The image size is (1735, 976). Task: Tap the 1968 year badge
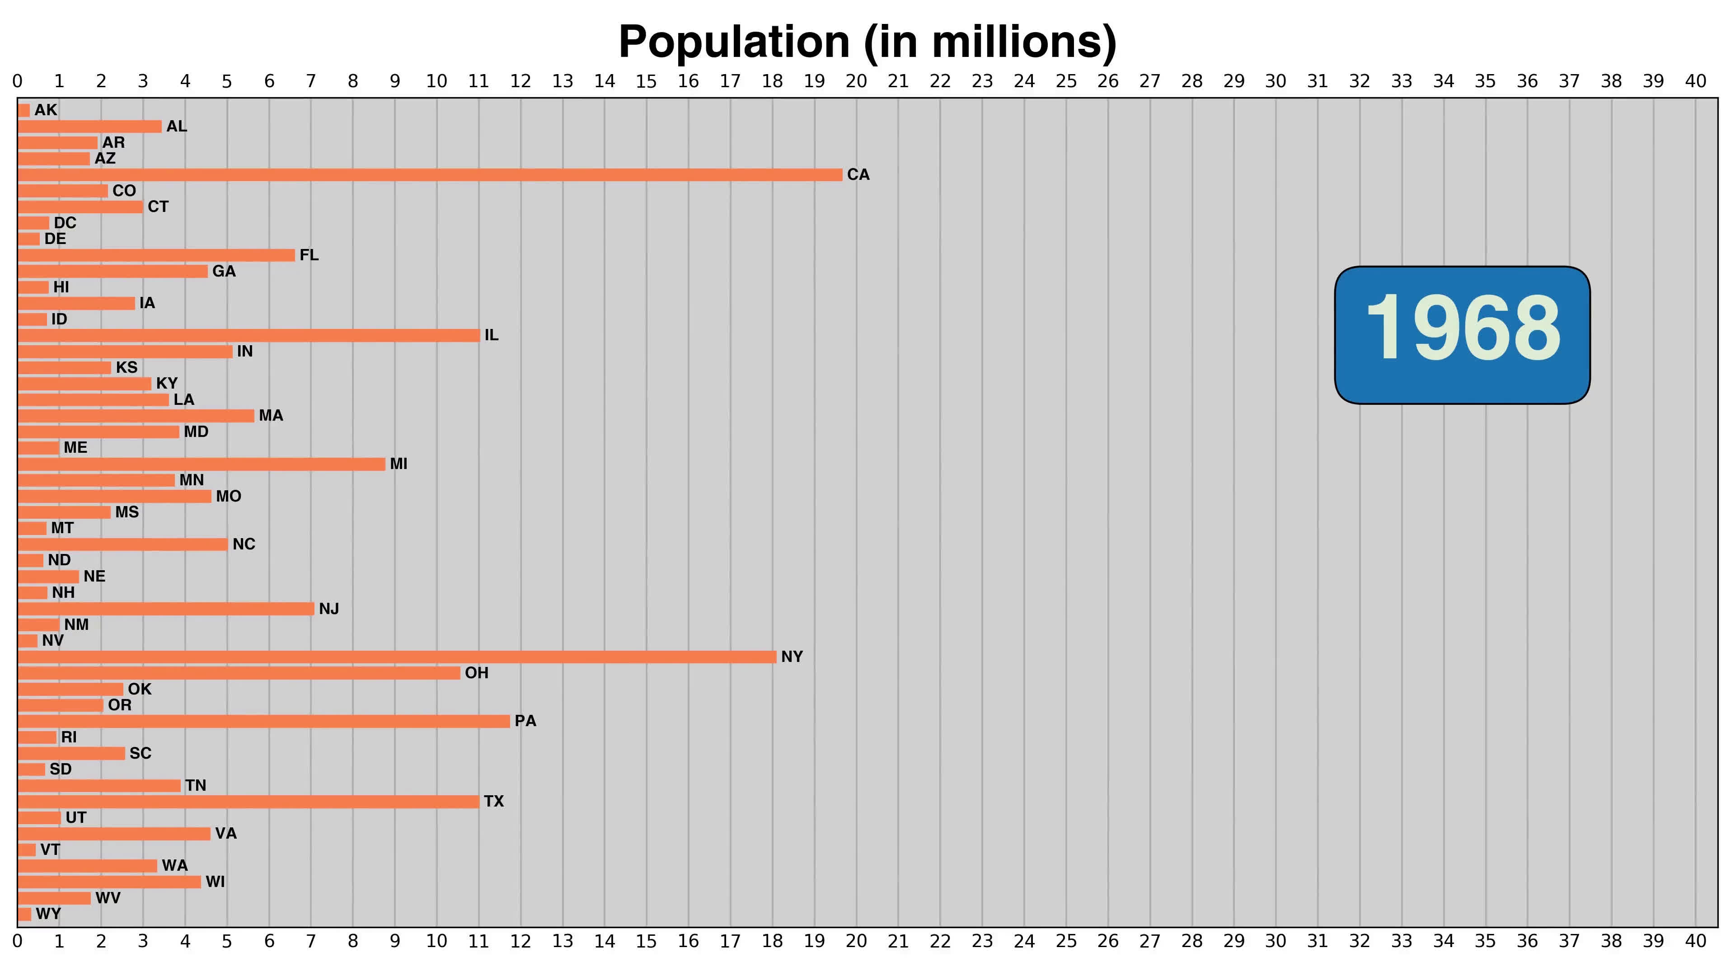(x=1462, y=335)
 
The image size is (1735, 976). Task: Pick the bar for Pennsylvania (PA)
(x=263, y=721)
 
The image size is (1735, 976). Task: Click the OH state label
(x=476, y=673)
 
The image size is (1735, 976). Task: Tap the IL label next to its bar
(x=491, y=335)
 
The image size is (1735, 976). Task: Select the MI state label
(x=398, y=464)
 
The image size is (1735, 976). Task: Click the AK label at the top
(x=46, y=110)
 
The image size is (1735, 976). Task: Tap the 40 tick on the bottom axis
(x=1695, y=941)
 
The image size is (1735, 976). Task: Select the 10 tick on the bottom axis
(x=436, y=941)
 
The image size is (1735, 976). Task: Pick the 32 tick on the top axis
(x=1359, y=81)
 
